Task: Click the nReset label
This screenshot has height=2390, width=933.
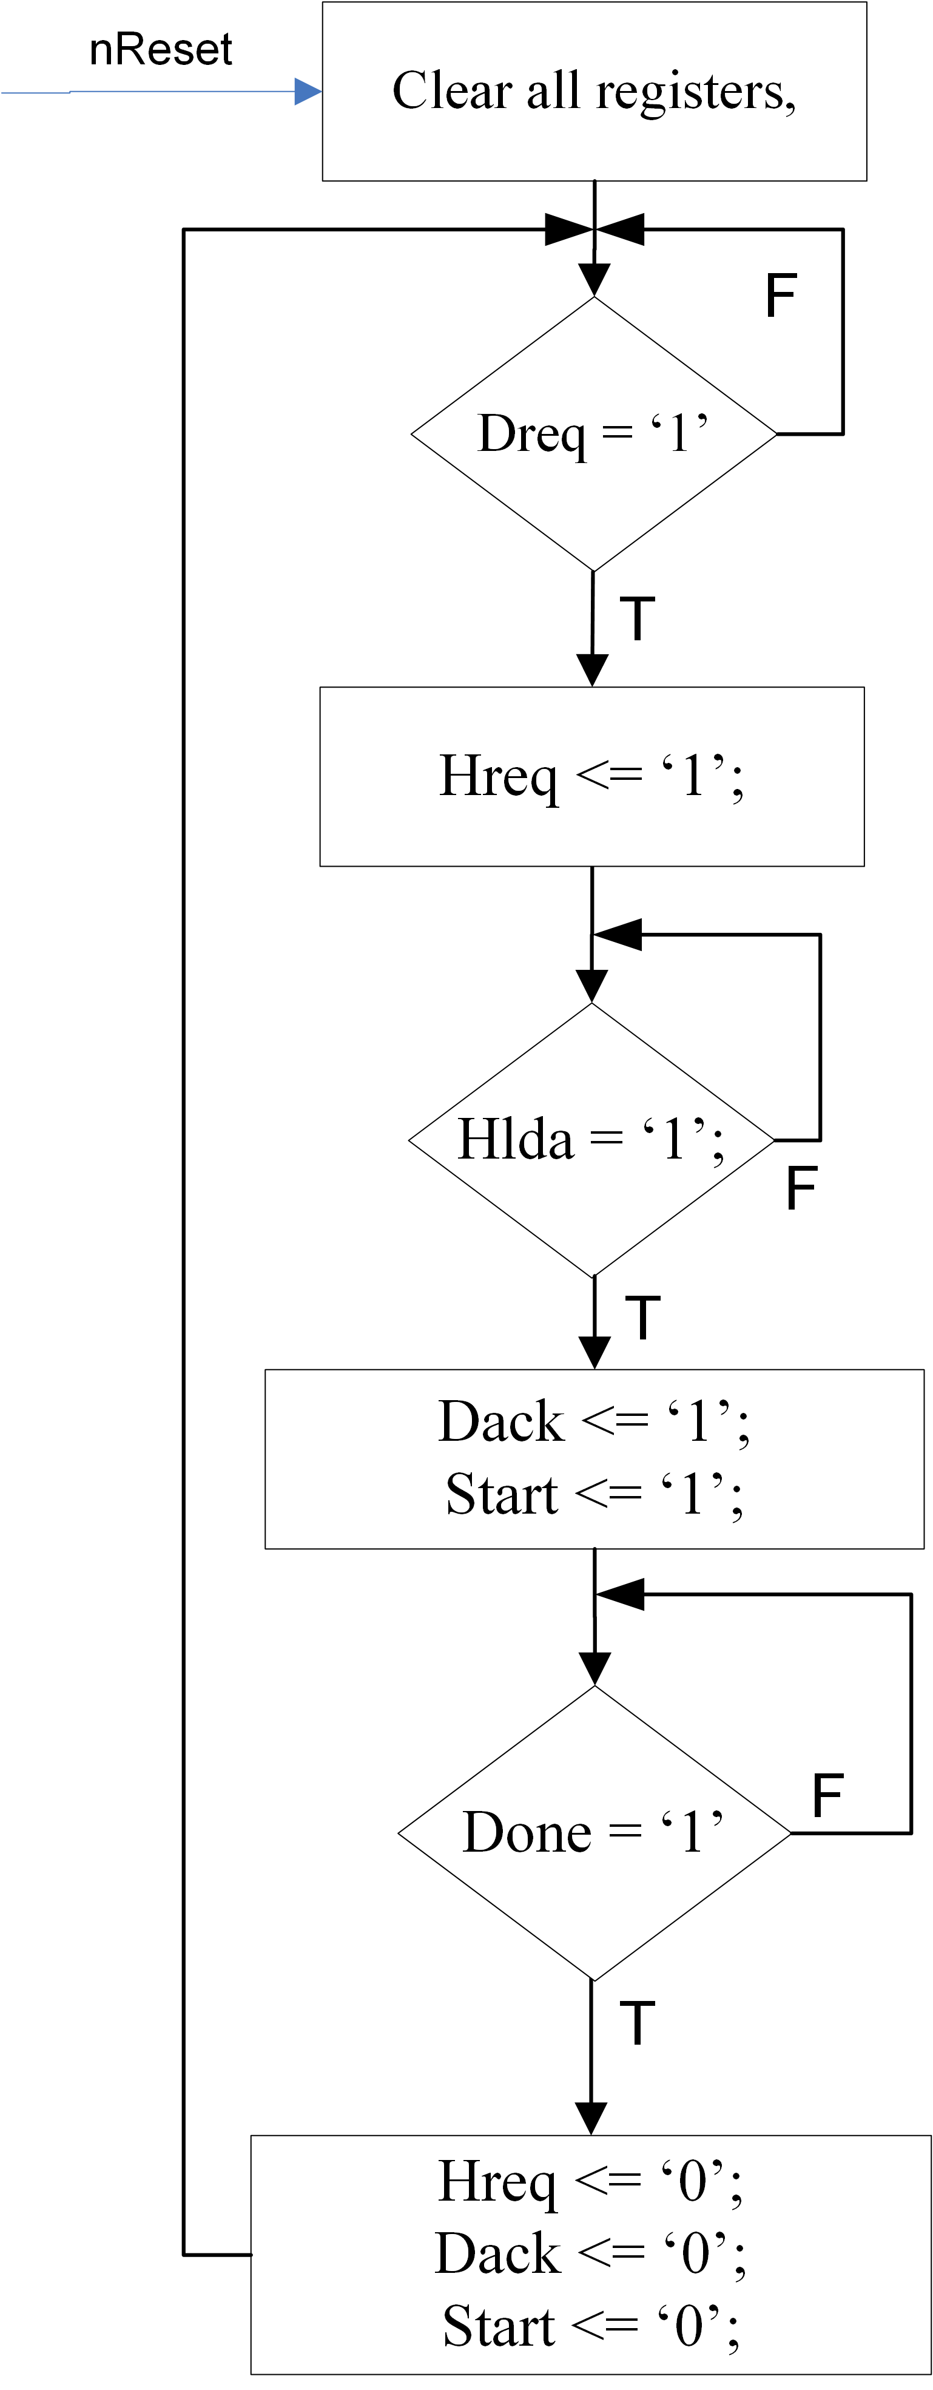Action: click(160, 50)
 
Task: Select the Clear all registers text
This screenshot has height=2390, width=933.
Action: click(593, 92)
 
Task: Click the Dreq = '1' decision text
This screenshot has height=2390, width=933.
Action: click(593, 433)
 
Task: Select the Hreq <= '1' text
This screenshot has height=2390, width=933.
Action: click(591, 777)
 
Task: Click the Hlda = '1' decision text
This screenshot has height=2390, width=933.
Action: click(591, 1139)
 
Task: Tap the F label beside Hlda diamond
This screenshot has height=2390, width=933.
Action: click(801, 1188)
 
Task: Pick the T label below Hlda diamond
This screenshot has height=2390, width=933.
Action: click(642, 1318)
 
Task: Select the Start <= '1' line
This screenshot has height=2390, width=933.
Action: click(593, 1495)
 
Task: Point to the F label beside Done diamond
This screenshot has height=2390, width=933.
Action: click(827, 1795)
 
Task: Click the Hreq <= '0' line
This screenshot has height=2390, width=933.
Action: click(591, 2181)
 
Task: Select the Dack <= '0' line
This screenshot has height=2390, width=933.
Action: click(591, 2253)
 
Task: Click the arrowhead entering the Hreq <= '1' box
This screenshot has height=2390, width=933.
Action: click(591, 670)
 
